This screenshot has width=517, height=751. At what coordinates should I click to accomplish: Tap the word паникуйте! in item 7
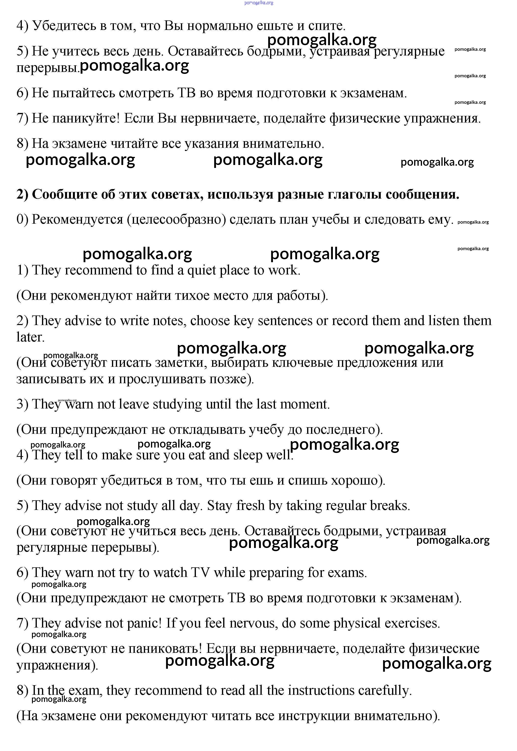(86, 118)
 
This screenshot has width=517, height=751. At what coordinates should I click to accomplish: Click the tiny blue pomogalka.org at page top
(259, 3)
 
